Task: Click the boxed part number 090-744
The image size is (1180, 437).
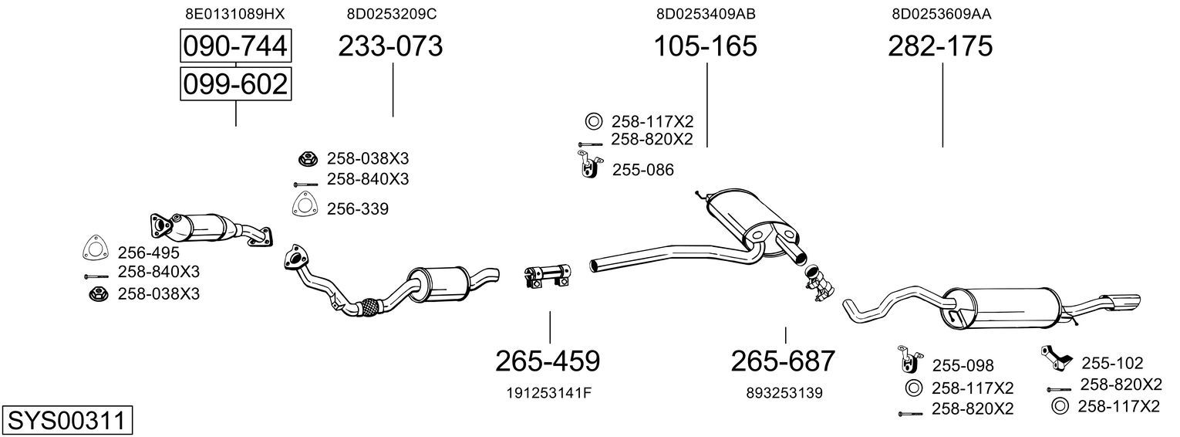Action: (235, 46)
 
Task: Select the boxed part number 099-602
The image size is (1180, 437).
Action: (235, 83)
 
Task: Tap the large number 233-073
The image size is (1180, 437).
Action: (391, 46)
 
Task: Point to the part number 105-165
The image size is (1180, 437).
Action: (706, 46)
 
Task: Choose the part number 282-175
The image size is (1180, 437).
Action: (940, 46)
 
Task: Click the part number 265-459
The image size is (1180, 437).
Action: (548, 361)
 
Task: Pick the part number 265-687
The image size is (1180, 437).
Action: (784, 361)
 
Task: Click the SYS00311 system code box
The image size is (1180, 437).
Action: (66, 421)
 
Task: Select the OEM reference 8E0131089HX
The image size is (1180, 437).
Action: (235, 13)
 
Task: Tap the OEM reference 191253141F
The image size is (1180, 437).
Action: (549, 393)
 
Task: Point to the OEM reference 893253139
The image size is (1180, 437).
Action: (784, 393)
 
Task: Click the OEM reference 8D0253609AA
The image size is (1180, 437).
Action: (941, 13)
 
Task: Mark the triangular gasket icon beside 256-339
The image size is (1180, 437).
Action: (306, 206)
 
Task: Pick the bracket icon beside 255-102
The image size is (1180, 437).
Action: (1054, 357)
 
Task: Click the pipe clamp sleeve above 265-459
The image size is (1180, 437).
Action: (547, 276)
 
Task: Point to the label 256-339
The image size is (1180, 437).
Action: (358, 208)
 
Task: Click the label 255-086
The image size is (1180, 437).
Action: (643, 170)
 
